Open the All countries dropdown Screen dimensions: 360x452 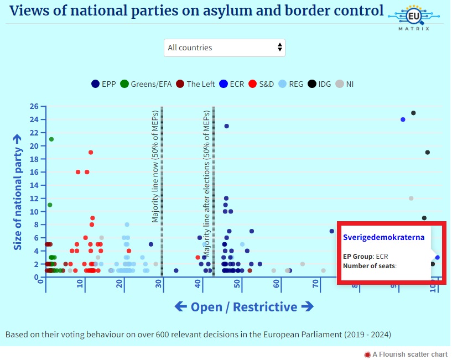click(225, 48)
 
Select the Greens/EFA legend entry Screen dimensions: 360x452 click(147, 84)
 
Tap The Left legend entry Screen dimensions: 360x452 click(195, 84)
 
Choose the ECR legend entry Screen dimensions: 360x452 click(232, 84)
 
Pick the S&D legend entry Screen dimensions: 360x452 click(262, 84)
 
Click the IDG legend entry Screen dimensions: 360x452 click(320, 84)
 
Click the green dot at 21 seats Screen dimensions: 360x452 click(51, 139)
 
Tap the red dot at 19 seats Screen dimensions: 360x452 click(91, 153)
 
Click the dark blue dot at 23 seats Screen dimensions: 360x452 click(226, 126)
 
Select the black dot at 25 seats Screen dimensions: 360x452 click(413, 113)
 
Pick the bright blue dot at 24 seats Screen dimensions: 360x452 click(403, 119)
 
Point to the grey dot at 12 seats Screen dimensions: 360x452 click(411, 198)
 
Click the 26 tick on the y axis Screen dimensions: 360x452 click(34, 106)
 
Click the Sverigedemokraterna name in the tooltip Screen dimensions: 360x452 click(383, 237)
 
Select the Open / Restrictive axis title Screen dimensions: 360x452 click(244, 307)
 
